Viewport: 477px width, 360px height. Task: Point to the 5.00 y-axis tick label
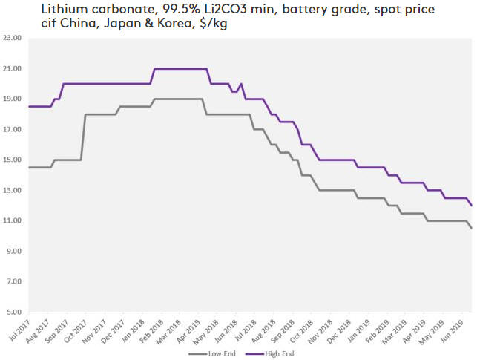13,312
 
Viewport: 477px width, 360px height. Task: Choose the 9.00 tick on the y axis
13,252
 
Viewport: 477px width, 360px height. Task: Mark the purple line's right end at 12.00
471,206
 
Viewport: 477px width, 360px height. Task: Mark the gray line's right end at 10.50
471,229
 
